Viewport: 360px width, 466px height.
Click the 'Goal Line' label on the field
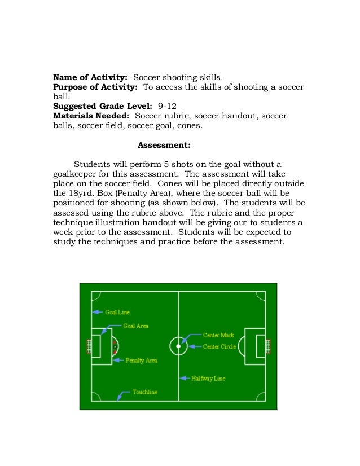pos(117,312)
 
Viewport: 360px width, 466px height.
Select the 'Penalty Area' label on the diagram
pos(141,360)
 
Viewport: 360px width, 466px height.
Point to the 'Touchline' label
pos(145,392)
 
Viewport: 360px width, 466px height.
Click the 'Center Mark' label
pos(218,335)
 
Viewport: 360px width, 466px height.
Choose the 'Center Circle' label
pos(220,346)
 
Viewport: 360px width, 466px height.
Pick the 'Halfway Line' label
pos(208,378)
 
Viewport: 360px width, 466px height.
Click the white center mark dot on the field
pos(178,346)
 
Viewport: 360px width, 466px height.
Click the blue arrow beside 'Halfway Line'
pos(185,378)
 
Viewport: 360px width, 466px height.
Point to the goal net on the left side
pos(89,345)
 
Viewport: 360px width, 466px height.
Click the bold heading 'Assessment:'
pos(164,145)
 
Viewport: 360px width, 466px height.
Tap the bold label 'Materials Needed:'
pos(91,116)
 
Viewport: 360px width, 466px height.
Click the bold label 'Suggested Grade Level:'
pos(103,105)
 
